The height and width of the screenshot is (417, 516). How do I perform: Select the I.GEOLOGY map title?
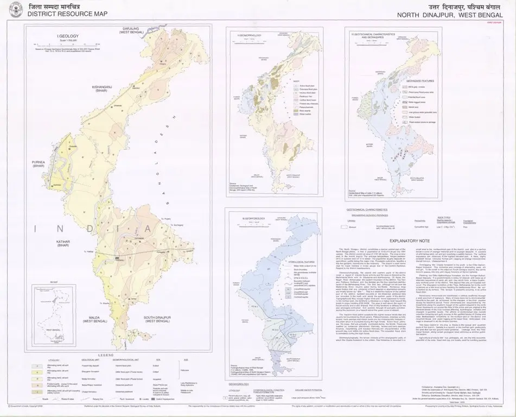click(66, 36)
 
